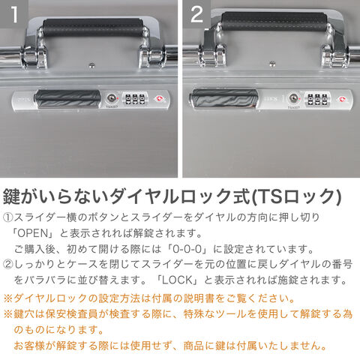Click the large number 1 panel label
(14, 14)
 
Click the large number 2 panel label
(197, 14)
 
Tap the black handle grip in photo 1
(93, 27)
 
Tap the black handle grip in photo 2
(274, 22)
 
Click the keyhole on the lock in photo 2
(293, 98)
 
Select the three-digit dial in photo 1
(135, 99)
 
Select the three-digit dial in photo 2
(317, 99)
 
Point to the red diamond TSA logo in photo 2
(341, 99)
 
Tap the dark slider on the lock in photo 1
(67, 99)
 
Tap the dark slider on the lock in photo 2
(224, 99)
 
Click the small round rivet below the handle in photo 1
(92, 65)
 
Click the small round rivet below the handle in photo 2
(272, 64)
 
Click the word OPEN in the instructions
(33, 233)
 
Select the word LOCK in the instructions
(178, 280)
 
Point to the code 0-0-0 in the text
(187, 249)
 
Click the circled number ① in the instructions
(8, 217)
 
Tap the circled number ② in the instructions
(8, 265)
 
